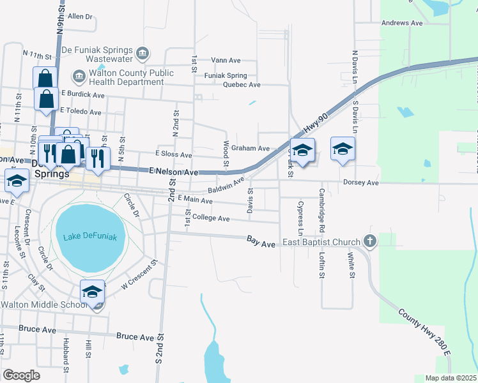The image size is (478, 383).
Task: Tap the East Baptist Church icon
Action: pos(369,241)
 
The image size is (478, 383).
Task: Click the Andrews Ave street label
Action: pos(402,23)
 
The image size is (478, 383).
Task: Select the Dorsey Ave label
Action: pos(361,183)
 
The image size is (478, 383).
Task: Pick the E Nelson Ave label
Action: pos(174,172)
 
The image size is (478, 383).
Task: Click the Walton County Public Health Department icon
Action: pos(80,77)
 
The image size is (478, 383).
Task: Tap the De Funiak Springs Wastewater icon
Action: pos(143,52)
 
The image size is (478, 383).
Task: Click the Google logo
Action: pos(21,375)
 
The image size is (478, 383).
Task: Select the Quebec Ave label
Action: pos(237,85)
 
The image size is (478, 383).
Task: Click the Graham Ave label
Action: pos(250,148)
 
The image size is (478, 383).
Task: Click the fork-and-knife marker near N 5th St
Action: pos(96,158)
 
